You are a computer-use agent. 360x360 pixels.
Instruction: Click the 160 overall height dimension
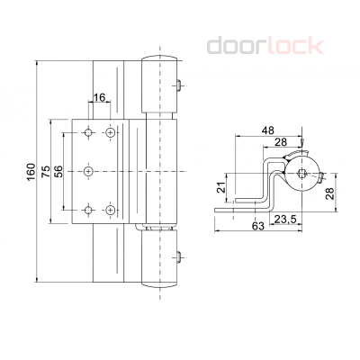point(31,172)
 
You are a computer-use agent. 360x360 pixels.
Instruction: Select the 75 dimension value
point(46,172)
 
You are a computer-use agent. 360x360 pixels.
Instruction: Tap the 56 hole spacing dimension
point(59,172)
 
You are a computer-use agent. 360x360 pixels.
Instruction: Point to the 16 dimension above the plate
point(100,97)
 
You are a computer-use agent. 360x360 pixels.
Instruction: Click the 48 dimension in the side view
point(267,130)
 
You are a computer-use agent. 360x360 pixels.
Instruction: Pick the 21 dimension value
point(221,187)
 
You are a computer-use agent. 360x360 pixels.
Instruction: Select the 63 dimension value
point(258,226)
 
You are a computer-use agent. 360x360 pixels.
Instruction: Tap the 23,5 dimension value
point(285,220)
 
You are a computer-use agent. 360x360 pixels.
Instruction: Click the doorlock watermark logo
point(265,46)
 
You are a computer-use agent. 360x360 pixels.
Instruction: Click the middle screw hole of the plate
point(88,171)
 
